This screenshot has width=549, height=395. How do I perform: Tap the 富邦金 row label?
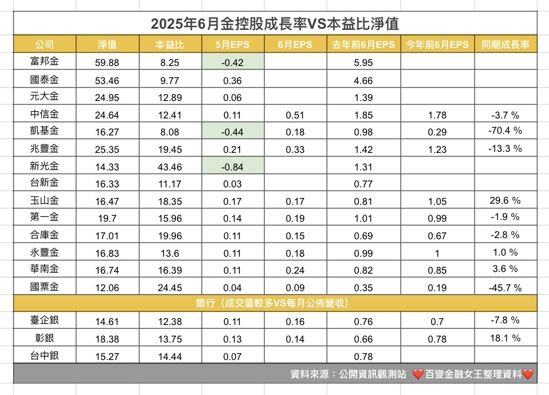(45, 63)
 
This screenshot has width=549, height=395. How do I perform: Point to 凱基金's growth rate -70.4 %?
(505, 131)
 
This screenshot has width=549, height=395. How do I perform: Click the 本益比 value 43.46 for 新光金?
(170, 166)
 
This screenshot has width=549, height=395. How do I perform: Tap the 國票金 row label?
(45, 287)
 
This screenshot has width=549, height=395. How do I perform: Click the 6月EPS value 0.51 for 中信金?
(295, 115)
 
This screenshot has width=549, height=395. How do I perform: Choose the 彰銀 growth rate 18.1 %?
(505, 339)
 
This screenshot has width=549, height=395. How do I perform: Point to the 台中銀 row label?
(45, 356)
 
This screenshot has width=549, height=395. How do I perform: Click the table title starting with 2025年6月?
(274, 24)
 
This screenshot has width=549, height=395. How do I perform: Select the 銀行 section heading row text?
(274, 304)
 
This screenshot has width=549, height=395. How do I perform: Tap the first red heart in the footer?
(418, 374)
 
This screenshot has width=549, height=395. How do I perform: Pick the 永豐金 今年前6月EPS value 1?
(437, 253)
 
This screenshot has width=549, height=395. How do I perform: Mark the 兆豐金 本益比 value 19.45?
(170, 149)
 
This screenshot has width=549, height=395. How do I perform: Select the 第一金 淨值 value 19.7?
(107, 218)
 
